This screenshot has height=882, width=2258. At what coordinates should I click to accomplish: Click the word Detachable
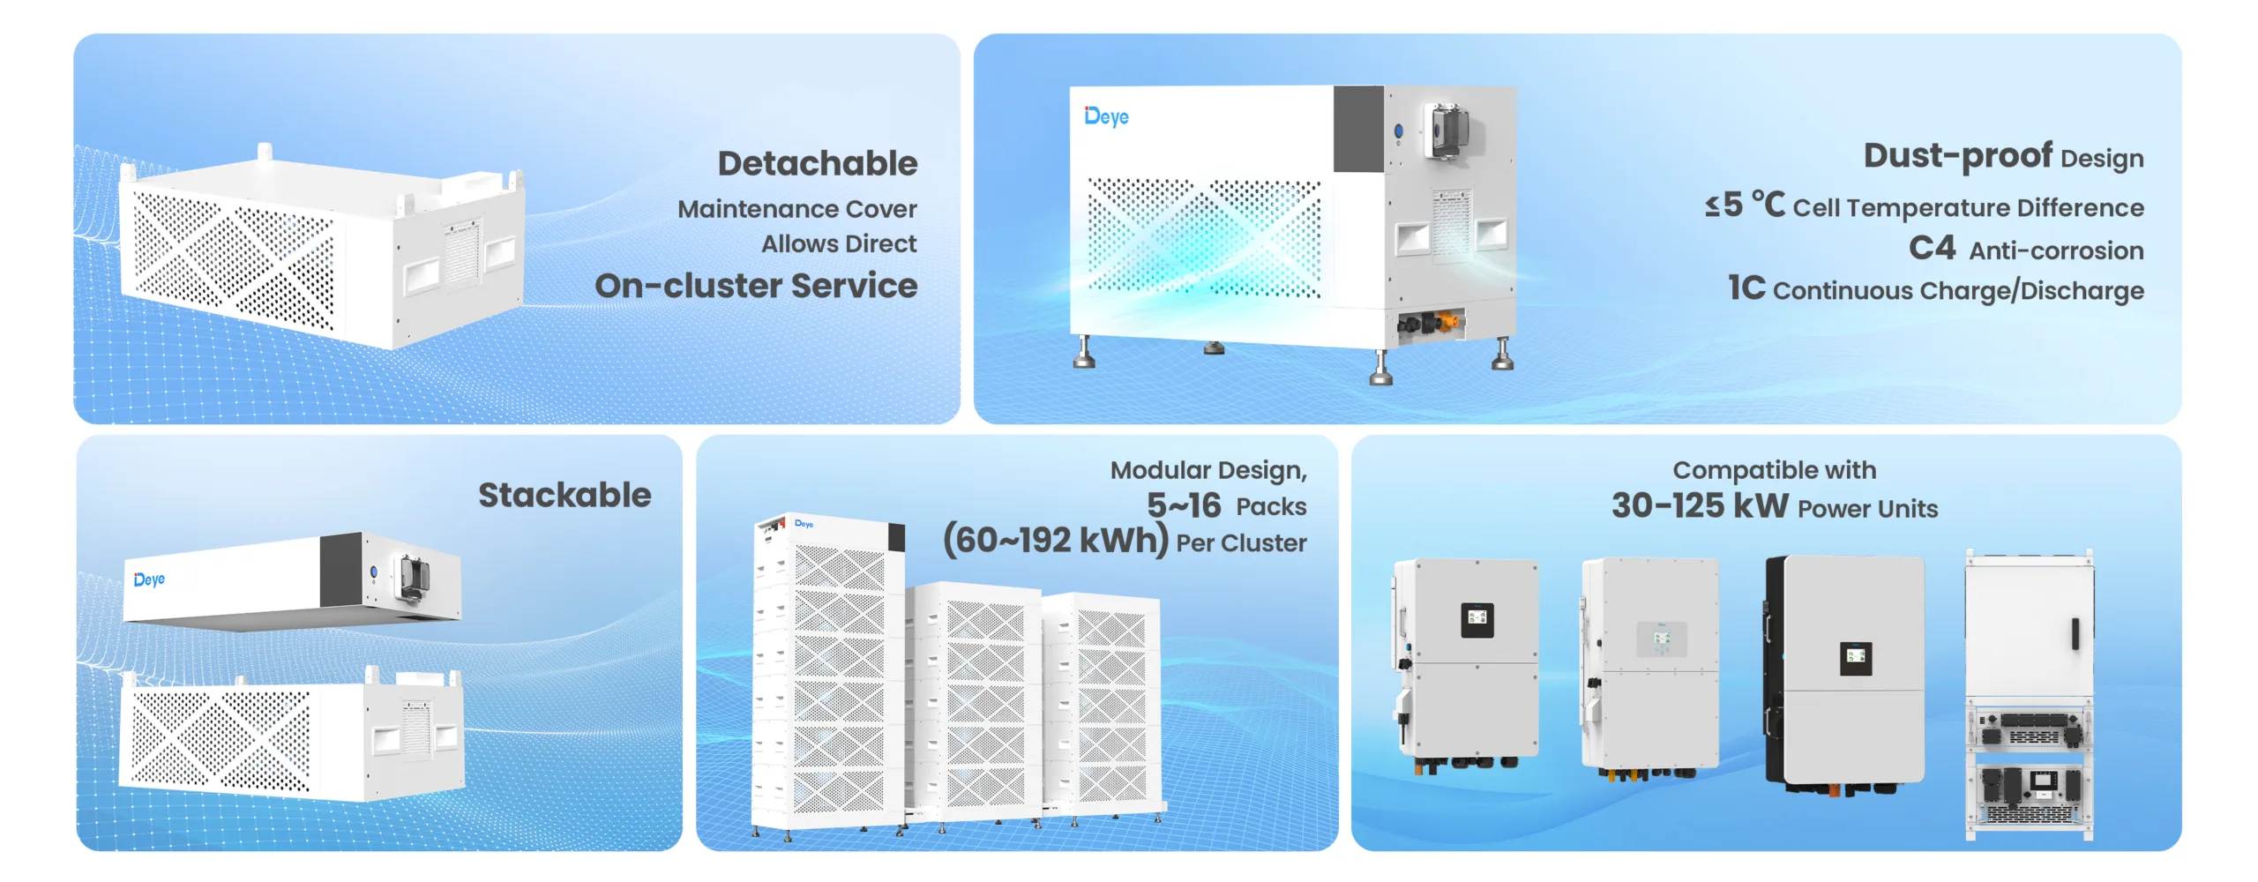point(817,164)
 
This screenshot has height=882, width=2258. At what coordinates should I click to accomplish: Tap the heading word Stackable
point(564,495)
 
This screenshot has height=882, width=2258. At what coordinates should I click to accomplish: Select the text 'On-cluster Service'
point(756,286)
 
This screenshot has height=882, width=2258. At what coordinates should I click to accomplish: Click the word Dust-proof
point(1957,156)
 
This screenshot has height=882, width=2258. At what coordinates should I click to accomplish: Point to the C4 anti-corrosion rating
point(1932,249)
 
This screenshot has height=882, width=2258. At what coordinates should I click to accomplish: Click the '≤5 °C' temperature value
point(1744,206)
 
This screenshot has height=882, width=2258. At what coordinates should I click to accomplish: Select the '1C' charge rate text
point(1746,288)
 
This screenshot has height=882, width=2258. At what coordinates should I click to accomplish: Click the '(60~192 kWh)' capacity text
point(1055,540)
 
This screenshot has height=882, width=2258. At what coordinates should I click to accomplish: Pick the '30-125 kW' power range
point(1699,506)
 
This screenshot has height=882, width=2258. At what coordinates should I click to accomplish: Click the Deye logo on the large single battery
point(1106,116)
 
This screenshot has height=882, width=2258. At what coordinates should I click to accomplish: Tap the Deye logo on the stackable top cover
point(149,579)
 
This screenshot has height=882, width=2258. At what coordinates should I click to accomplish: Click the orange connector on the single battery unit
point(1447,322)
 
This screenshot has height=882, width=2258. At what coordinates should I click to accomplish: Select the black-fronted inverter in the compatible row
point(1845,670)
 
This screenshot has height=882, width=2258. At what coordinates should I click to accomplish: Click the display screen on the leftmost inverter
point(1477,619)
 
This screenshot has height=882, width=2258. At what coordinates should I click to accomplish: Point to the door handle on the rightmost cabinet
point(2075,633)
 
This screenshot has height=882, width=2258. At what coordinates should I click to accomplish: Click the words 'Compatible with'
point(1774,470)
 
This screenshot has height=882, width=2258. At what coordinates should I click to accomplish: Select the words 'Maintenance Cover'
point(796,209)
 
